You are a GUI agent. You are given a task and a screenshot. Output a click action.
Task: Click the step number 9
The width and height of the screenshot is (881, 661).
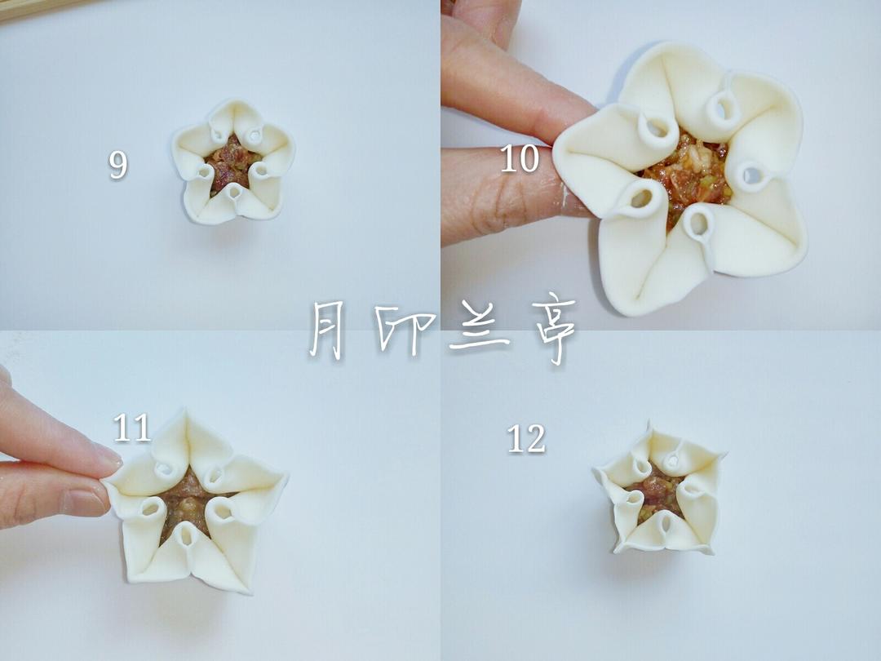[118, 165]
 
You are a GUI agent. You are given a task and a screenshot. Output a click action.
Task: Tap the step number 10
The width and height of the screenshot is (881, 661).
[520, 158]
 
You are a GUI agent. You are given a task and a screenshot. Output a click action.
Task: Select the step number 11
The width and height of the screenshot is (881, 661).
[132, 428]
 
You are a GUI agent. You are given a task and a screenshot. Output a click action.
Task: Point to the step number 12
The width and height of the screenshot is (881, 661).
[526, 439]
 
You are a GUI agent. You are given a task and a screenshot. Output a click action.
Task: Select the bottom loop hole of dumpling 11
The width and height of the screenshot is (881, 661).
[186, 537]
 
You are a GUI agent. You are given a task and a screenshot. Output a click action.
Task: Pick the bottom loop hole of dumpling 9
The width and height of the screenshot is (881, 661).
[234, 193]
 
